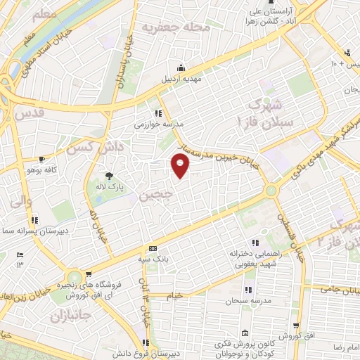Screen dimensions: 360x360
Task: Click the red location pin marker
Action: [181, 166]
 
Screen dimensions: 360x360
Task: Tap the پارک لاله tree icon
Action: [108, 176]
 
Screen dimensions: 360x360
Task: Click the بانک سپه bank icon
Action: [153, 250]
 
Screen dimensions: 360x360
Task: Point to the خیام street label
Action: [174, 295]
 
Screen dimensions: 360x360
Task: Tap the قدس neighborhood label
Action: [29, 113]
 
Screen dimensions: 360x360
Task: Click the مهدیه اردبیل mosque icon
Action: [182, 67]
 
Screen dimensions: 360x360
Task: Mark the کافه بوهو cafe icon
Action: [41, 160]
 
